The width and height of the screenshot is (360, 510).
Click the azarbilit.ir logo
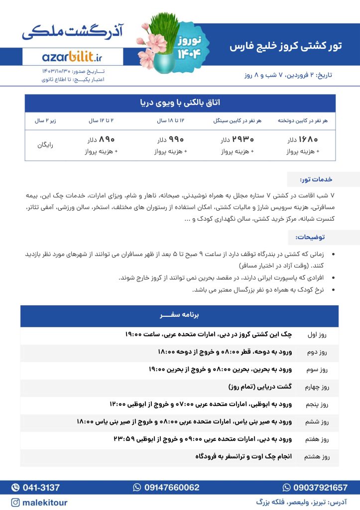pos(72,56)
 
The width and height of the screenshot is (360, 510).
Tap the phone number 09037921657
pos(315,487)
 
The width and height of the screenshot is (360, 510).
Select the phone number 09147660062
pos(166,487)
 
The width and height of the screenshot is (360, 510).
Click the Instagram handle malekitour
pos(39,503)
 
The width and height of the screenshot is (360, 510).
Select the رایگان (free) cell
pos(45,145)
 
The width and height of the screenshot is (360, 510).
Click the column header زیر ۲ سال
pos(45,121)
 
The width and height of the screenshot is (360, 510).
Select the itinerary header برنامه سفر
pos(180,315)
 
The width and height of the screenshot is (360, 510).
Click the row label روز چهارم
pos(319,386)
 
